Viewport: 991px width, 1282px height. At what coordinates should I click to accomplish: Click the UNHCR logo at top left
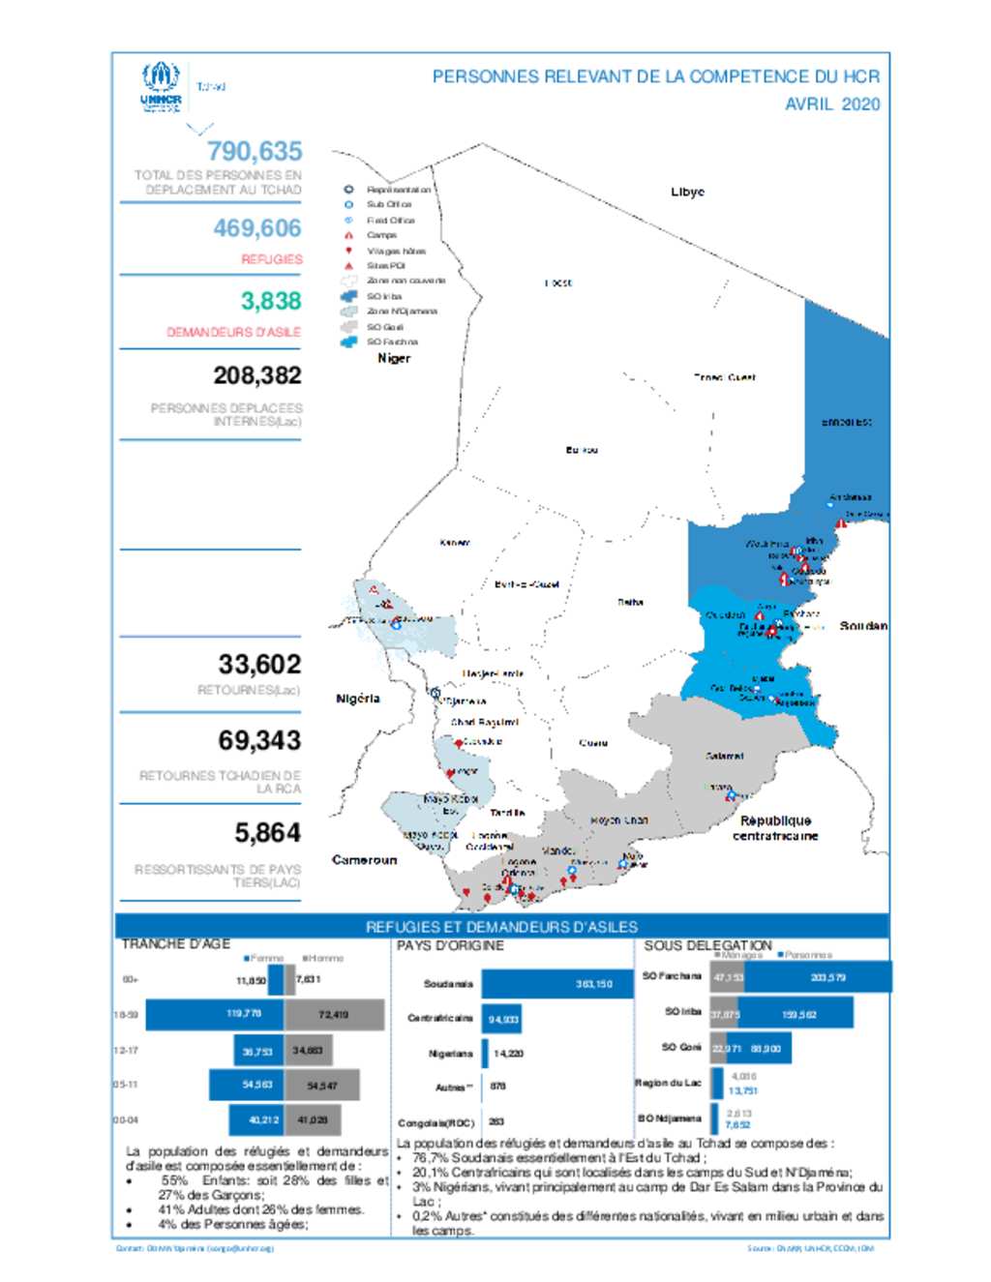tap(161, 86)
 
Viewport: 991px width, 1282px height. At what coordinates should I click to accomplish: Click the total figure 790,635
tap(255, 152)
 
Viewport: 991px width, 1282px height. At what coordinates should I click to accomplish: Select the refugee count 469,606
tap(257, 228)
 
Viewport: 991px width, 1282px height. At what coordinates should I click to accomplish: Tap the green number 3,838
tap(271, 301)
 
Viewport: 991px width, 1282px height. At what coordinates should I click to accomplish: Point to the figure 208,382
tap(257, 375)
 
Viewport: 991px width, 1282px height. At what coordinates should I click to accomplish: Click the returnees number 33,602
tap(259, 665)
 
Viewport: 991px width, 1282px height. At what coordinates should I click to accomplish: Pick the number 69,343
tap(259, 740)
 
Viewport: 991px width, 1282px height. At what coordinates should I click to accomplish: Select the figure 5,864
tap(267, 833)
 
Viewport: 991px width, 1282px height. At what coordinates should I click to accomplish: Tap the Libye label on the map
tap(687, 192)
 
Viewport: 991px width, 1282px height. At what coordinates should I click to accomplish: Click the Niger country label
tap(394, 358)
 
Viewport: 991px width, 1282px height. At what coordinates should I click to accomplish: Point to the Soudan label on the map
tap(863, 626)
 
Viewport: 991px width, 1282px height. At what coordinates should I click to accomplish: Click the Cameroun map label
tap(364, 859)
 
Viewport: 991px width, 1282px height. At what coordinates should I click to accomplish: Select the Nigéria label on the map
tap(358, 699)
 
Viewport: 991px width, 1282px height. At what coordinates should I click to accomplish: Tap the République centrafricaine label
tap(775, 828)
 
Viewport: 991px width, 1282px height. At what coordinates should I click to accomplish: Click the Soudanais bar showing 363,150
tap(557, 983)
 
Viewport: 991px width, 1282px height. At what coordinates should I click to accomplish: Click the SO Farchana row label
tap(672, 976)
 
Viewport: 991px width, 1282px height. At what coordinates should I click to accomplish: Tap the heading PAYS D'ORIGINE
tap(450, 945)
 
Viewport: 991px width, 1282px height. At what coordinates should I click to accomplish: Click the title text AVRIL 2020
tap(832, 104)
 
